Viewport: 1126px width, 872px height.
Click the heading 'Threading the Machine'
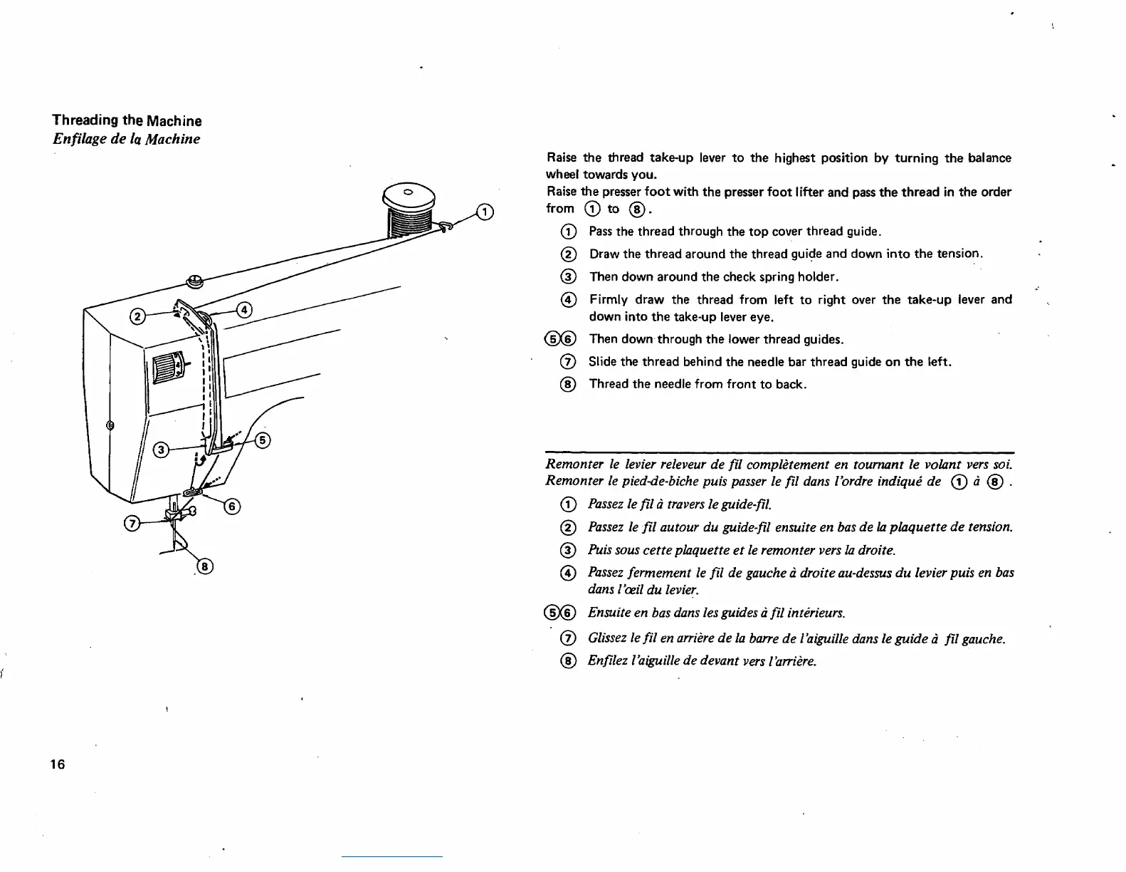coord(127,120)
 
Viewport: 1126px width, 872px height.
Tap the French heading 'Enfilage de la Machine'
coord(126,139)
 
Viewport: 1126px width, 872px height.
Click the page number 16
coord(58,764)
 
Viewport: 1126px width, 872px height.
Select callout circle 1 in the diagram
coord(484,212)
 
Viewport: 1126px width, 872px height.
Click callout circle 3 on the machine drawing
coord(162,450)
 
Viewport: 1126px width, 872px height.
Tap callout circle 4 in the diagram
coord(244,309)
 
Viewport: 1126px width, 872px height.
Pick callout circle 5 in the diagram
coord(263,440)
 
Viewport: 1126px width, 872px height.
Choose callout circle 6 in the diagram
coord(232,507)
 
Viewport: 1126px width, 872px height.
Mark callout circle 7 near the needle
coord(132,524)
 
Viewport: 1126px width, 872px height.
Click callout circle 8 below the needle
coord(204,567)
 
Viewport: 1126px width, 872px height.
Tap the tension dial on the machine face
coord(166,370)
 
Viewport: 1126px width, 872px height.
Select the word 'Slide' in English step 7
coord(602,362)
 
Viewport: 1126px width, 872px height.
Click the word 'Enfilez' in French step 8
coord(606,660)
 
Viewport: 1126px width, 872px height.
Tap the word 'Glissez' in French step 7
coord(607,638)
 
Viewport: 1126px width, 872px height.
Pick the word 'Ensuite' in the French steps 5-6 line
coord(607,613)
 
